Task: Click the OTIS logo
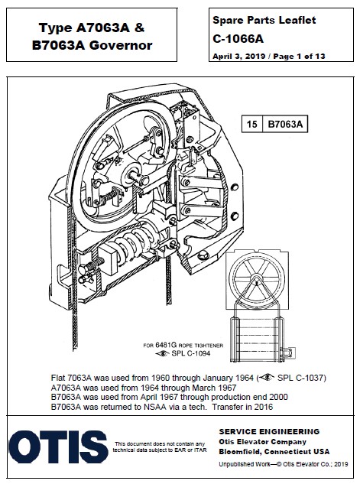[58, 447]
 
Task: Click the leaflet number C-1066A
[238, 39]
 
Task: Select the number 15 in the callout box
[251, 124]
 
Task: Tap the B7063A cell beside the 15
[285, 124]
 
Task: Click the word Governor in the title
[120, 45]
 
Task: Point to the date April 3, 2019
[238, 57]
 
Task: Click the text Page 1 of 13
[299, 56]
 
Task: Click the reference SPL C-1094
[190, 353]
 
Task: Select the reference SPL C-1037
[300, 378]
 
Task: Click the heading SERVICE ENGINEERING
[269, 431]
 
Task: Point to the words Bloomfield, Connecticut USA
[274, 452]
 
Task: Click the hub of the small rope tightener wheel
[256, 280]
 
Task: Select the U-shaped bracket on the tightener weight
[287, 352]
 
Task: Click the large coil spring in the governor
[136, 242]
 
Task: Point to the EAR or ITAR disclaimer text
[160, 447]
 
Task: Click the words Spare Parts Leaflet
[264, 21]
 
